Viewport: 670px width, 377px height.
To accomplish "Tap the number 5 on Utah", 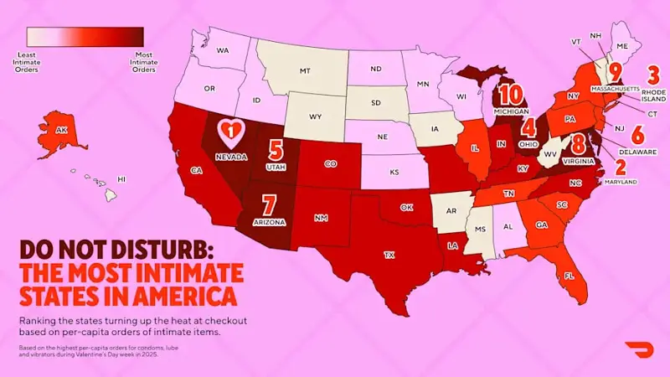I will (275, 150).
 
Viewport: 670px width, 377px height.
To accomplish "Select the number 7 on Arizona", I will (269, 204).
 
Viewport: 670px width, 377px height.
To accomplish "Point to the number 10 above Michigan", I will (511, 94).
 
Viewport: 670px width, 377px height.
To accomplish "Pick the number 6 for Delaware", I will (637, 134).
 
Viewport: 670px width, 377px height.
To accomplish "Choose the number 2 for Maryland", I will (621, 166).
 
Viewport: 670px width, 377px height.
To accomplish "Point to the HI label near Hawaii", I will (121, 178).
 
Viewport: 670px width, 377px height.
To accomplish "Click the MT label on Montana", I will (306, 70).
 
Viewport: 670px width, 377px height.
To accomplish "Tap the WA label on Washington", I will (223, 50).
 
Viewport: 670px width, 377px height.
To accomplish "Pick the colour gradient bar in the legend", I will (85, 37).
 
